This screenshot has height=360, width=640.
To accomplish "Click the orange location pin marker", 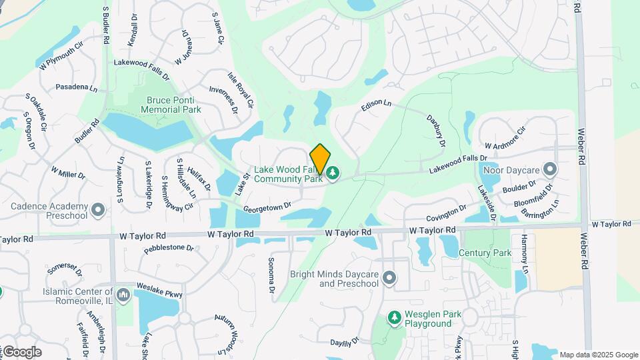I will tap(320, 159).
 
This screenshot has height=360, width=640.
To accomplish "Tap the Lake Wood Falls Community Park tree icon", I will tap(333, 174).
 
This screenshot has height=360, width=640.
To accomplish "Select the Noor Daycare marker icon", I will tap(550, 169).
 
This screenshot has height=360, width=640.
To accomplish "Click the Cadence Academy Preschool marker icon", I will tap(98, 211).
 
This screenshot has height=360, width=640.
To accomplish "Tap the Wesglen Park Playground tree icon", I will tap(395, 318).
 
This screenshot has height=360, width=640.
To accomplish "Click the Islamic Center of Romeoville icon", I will tap(123, 294).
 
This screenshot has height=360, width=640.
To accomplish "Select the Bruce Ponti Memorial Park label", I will tap(173, 105).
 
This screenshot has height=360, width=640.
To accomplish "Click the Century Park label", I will tap(485, 253).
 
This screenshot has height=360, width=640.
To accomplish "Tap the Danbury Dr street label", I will tap(435, 131).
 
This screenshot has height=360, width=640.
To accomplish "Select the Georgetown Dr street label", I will tap(267, 208).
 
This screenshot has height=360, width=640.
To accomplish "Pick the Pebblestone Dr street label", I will tap(169, 249).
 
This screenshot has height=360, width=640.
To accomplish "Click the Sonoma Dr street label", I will tap(271, 275).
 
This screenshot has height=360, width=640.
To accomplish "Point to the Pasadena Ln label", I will tap(76, 87).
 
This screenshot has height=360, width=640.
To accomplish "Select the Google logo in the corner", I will tap(22, 352).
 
